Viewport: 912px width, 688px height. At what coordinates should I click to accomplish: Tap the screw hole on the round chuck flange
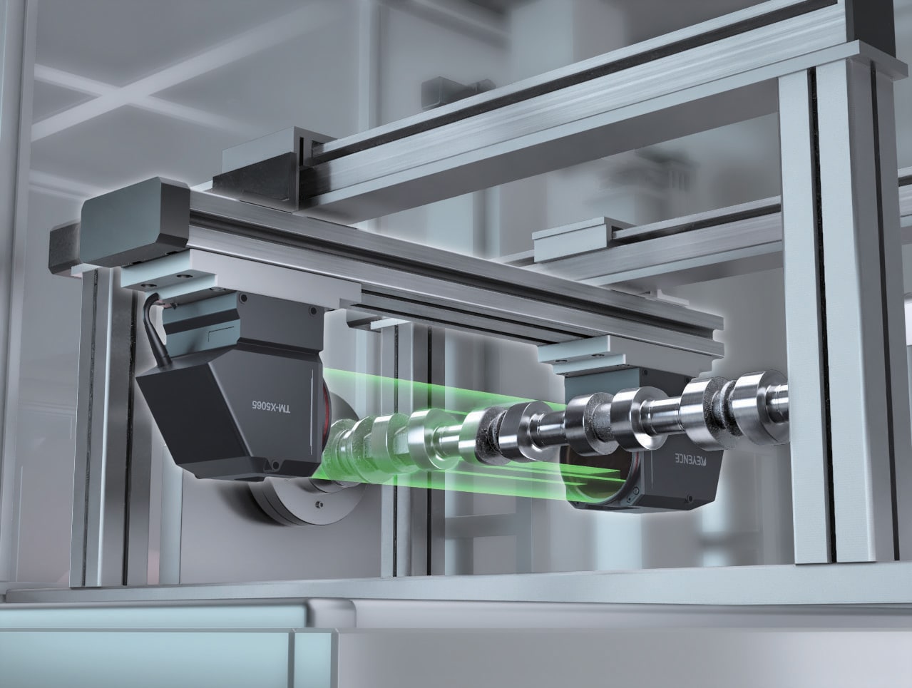coord(318,505)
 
